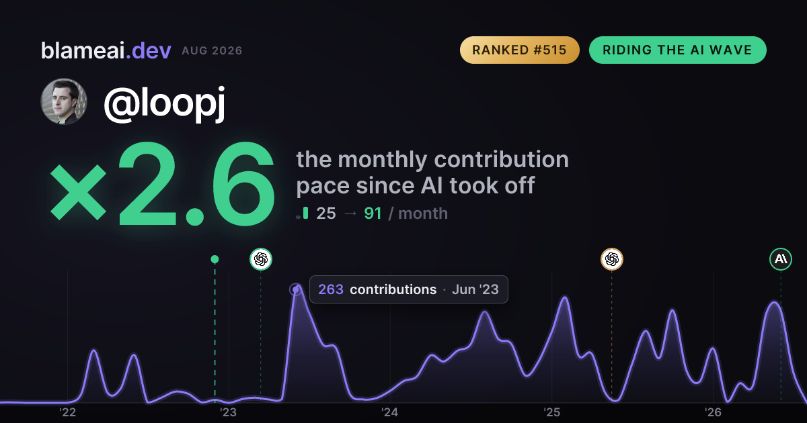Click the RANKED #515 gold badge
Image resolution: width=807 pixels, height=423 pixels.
pyautogui.click(x=519, y=50)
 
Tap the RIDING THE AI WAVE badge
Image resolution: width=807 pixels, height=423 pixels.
pyautogui.click(x=677, y=50)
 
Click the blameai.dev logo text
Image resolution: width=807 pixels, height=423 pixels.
pyautogui.click(x=106, y=51)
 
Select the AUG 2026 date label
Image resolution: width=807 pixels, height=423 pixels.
pyautogui.click(x=212, y=51)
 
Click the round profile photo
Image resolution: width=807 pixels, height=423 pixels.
pyautogui.click(x=64, y=101)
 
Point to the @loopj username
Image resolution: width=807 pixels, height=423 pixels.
pyautogui.click(x=164, y=104)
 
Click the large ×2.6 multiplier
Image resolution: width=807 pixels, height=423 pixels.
pyautogui.click(x=162, y=184)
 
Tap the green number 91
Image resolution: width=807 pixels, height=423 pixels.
pyautogui.click(x=373, y=214)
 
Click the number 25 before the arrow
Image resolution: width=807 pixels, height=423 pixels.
pyautogui.click(x=326, y=214)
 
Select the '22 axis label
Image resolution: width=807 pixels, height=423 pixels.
pyautogui.click(x=67, y=412)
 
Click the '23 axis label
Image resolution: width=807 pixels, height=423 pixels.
pyautogui.click(x=229, y=412)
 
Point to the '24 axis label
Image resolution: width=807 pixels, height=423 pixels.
pyautogui.click(x=390, y=412)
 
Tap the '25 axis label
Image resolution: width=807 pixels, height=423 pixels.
pyautogui.click(x=551, y=412)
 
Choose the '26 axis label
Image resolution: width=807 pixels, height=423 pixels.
pyautogui.click(x=713, y=412)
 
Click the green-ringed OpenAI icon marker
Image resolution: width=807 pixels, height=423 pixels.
pyautogui.click(x=261, y=259)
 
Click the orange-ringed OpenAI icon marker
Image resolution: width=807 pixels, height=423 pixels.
pyautogui.click(x=612, y=259)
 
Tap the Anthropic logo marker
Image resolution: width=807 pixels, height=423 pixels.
pyautogui.click(x=781, y=259)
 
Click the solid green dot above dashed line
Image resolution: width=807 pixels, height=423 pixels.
pyautogui.click(x=215, y=259)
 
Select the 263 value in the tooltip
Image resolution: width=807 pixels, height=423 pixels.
pyautogui.click(x=331, y=289)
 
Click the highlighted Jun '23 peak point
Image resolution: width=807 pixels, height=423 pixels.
pyautogui.click(x=296, y=289)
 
